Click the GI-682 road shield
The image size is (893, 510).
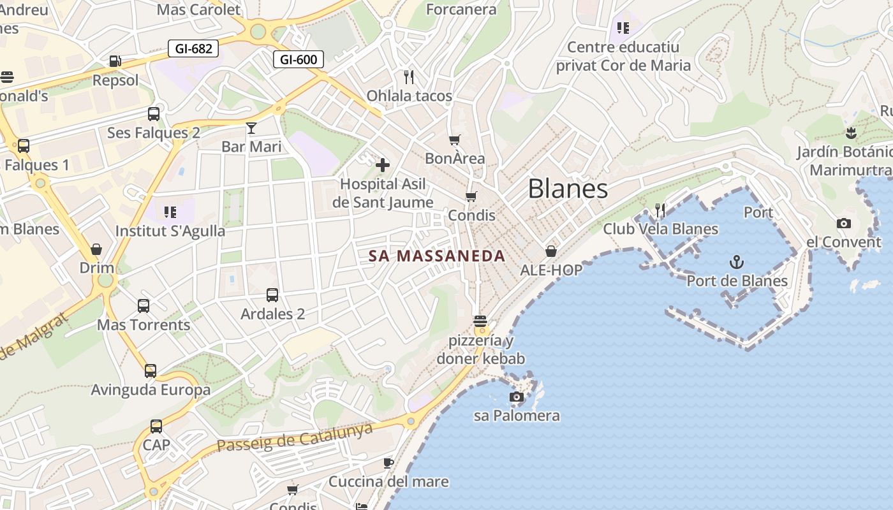(194, 48)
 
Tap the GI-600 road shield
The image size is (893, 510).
(299, 59)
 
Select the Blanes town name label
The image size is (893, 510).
(568, 189)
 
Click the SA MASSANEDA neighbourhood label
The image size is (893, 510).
(437, 256)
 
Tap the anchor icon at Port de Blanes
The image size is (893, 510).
(737, 262)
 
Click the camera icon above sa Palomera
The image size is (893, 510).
(517, 397)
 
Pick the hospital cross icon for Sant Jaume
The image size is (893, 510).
(383, 165)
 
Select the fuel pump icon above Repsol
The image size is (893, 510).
(115, 61)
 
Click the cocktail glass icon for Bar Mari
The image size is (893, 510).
(251, 128)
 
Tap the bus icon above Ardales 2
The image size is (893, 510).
(272, 295)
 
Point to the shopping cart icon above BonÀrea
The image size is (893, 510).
(455, 140)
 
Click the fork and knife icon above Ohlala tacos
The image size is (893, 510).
(409, 77)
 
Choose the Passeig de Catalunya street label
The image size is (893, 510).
(295, 437)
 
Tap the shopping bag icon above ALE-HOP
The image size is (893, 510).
(551, 251)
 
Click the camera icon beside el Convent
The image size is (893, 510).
(844, 223)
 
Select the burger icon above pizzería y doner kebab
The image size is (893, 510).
(480, 321)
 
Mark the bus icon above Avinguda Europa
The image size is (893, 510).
(151, 370)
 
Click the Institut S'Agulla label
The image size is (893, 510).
(170, 231)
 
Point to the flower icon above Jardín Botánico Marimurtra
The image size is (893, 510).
(850, 133)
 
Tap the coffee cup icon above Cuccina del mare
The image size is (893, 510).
(388, 463)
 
